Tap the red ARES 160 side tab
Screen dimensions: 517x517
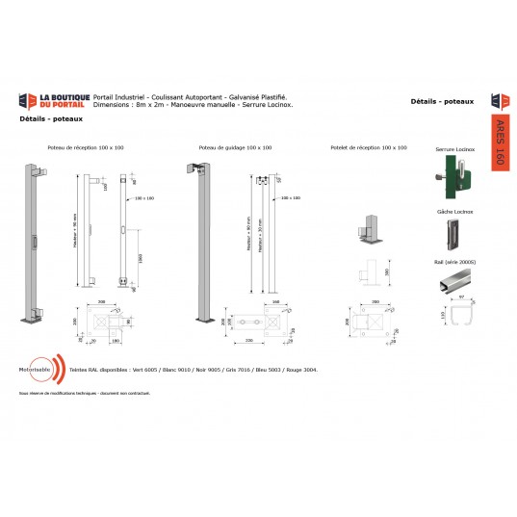tap(498, 142)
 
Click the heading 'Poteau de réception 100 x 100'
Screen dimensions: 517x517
tap(86, 148)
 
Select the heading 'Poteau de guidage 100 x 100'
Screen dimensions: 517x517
tap(235, 148)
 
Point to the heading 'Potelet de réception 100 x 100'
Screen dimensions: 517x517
tap(368, 148)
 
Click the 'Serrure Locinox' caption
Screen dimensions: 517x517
tap(454, 150)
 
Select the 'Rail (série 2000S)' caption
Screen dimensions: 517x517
tap(454, 261)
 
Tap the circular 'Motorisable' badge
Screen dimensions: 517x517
tap(39, 370)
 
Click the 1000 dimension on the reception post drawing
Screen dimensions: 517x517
tap(142, 258)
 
